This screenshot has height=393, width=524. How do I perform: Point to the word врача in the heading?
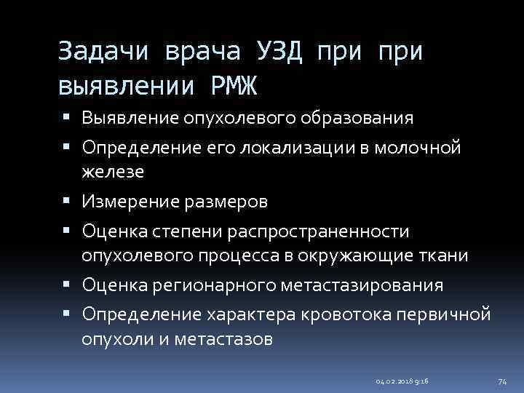pos(203,53)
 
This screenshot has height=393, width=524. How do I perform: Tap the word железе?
pos(113,172)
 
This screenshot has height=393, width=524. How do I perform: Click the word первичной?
pos(452,315)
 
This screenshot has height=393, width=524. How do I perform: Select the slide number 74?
pos(501,381)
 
